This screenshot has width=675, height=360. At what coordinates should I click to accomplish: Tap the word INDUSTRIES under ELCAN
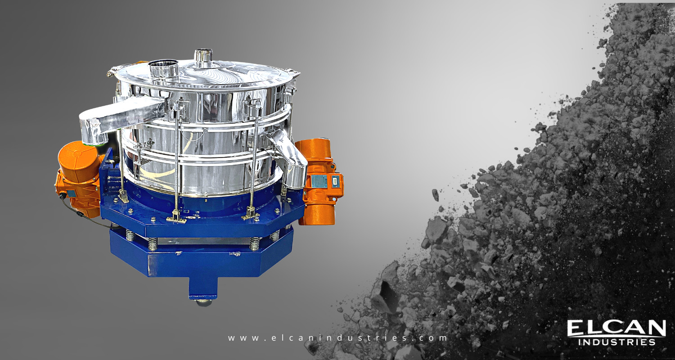(616, 342)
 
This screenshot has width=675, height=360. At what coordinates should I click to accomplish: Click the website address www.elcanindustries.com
(338, 337)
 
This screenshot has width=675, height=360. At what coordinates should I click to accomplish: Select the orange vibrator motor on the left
(77, 175)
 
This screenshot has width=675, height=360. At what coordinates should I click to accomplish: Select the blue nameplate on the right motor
(319, 181)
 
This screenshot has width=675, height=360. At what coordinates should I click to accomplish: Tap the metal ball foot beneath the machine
(203, 302)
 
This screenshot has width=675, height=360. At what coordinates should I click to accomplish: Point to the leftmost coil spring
(130, 234)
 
